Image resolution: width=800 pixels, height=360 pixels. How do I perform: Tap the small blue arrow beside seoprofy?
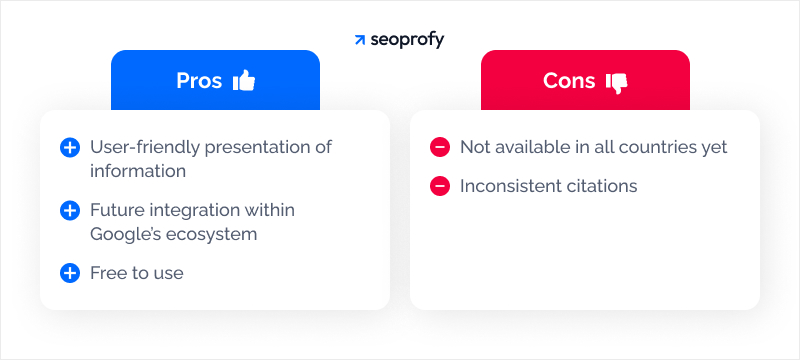[x=360, y=41]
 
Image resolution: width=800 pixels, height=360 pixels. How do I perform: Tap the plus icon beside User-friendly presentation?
[x=70, y=148]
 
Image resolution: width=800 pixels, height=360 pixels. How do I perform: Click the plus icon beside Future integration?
[x=70, y=211]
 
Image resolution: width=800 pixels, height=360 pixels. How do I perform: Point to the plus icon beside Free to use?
[x=70, y=273]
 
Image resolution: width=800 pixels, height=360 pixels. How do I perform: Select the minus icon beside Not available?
[x=440, y=148]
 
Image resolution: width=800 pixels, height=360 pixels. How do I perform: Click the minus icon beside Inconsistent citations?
[x=440, y=186]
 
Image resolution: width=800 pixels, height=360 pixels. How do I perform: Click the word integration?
[x=191, y=210]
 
